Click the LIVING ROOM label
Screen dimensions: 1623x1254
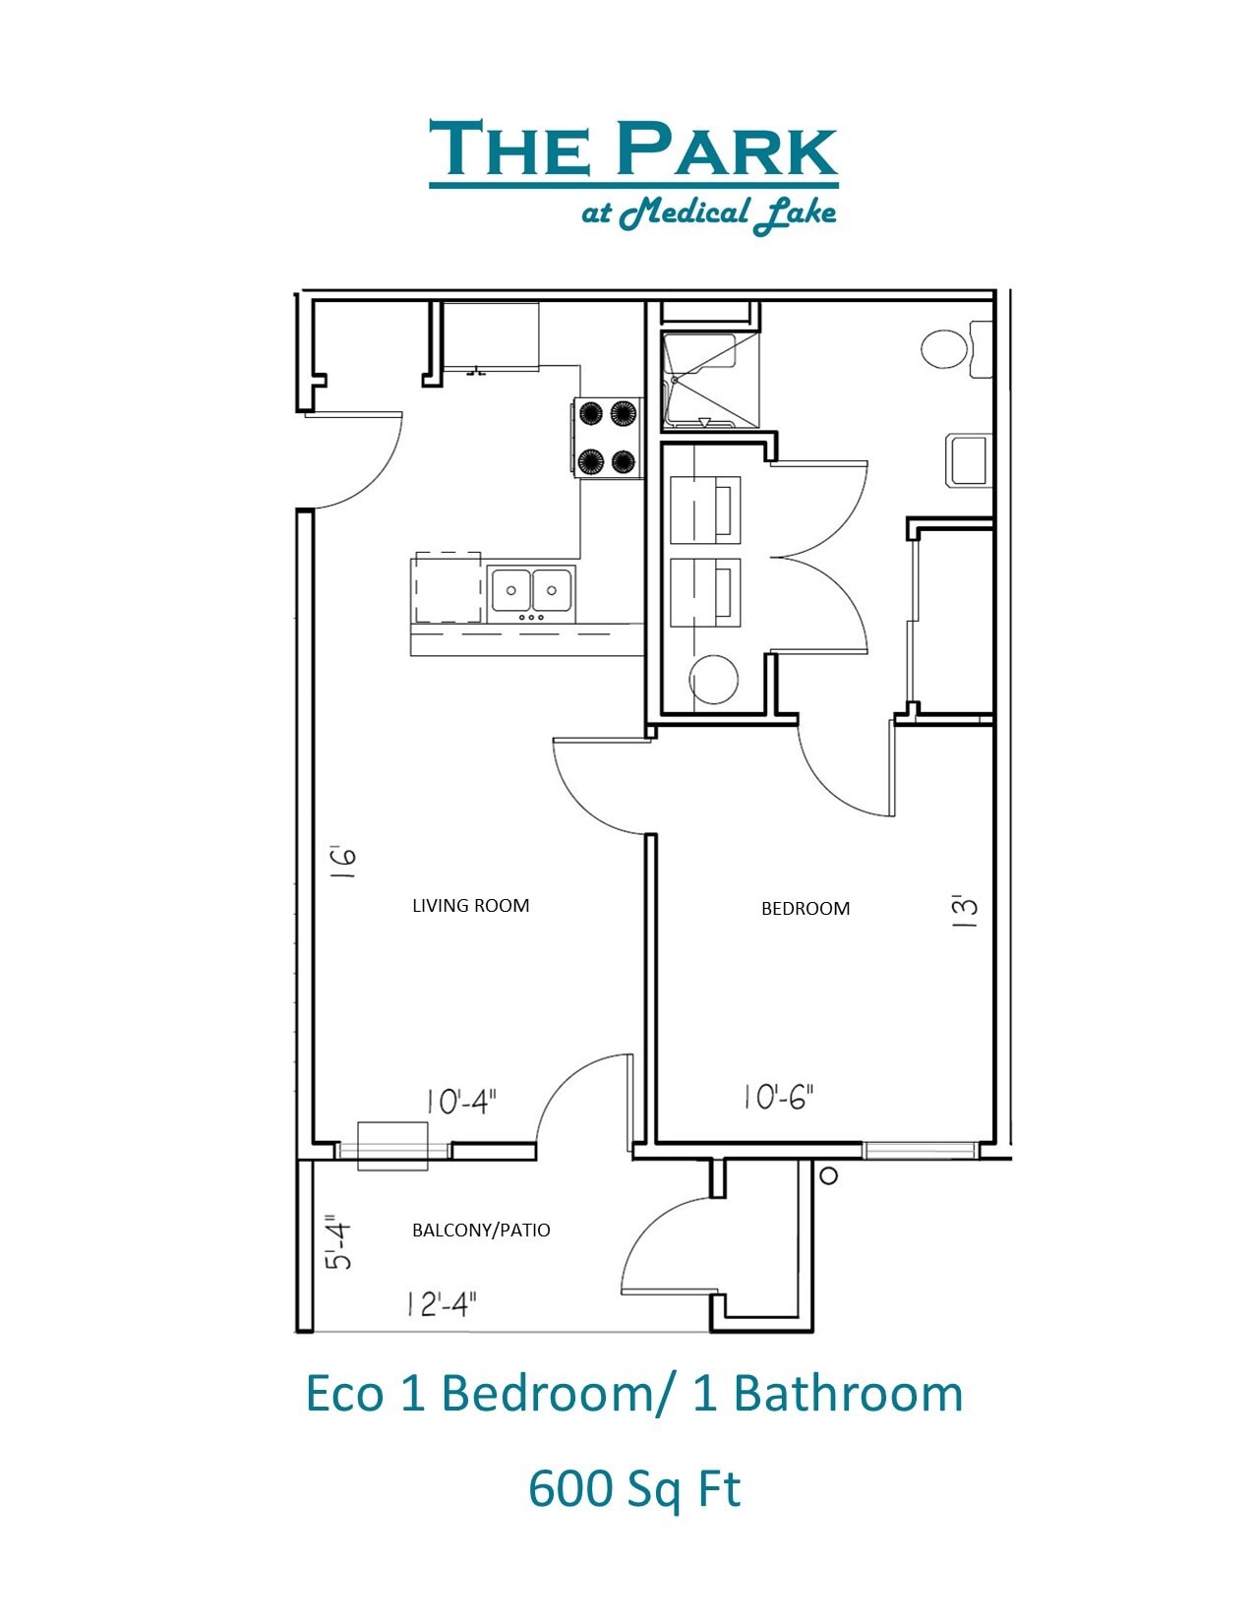pos(470,905)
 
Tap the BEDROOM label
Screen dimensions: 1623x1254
pos(805,908)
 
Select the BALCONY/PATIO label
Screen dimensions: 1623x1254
pos(480,1230)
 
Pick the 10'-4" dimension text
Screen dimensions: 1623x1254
pos(461,1102)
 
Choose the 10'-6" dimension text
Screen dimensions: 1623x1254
pos(778,1096)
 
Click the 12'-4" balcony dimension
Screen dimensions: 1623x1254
pos(441,1304)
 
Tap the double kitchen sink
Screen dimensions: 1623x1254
pos(531,591)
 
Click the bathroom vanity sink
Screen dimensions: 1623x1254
pos(966,459)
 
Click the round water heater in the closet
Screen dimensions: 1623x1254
pos(713,681)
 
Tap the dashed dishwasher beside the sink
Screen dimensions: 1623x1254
pos(448,587)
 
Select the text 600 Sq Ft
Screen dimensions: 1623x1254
pos(633,1487)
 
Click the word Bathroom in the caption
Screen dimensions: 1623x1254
pos(847,1393)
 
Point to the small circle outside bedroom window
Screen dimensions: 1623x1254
pos(828,1174)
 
